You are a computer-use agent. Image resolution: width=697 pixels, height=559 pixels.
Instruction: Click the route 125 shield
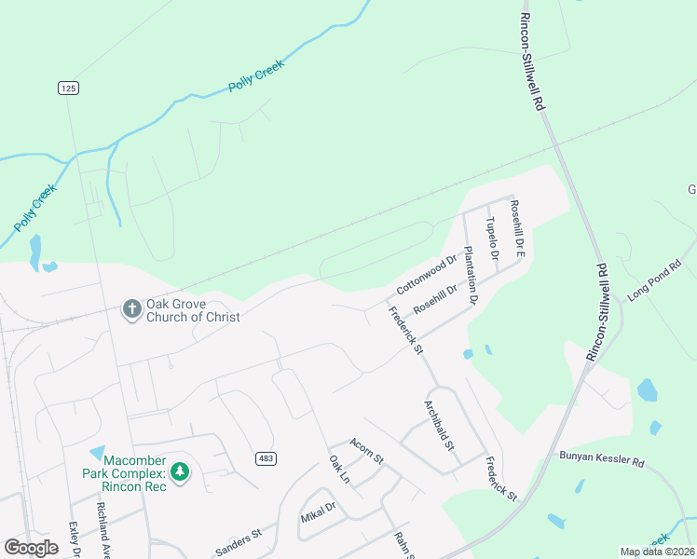coord(67,88)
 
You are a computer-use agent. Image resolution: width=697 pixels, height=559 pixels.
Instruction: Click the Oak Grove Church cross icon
coord(132,307)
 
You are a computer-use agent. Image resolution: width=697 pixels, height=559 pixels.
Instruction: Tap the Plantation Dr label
coord(471,277)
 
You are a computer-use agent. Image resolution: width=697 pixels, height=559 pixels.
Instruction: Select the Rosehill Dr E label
coord(519,231)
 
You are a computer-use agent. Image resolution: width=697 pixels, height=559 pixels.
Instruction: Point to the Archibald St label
coord(439,427)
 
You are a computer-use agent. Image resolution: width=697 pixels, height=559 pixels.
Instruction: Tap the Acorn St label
coord(366,452)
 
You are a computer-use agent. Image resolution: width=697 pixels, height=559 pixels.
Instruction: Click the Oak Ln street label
coord(338,470)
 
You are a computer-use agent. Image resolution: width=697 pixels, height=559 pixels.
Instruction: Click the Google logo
coord(31,548)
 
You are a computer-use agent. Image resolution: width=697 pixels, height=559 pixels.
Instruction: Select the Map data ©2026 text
coord(657,552)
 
